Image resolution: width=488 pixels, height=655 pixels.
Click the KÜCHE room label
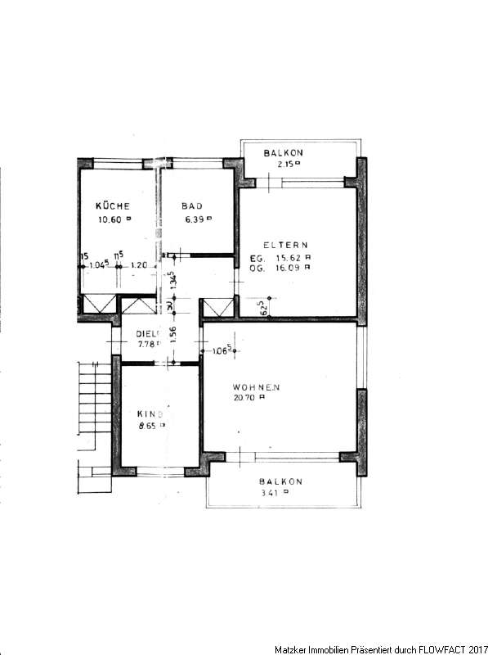click(112, 206)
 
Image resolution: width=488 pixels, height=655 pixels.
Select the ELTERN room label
click(284, 245)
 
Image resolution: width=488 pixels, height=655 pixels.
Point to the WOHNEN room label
click(257, 386)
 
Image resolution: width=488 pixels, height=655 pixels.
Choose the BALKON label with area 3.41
click(281, 481)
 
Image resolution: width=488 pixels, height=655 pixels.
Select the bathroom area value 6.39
click(196, 219)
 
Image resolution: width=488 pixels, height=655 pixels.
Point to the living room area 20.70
click(256, 397)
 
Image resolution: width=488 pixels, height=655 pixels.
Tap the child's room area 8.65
click(150, 426)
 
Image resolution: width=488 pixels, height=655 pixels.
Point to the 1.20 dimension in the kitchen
click(138, 264)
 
